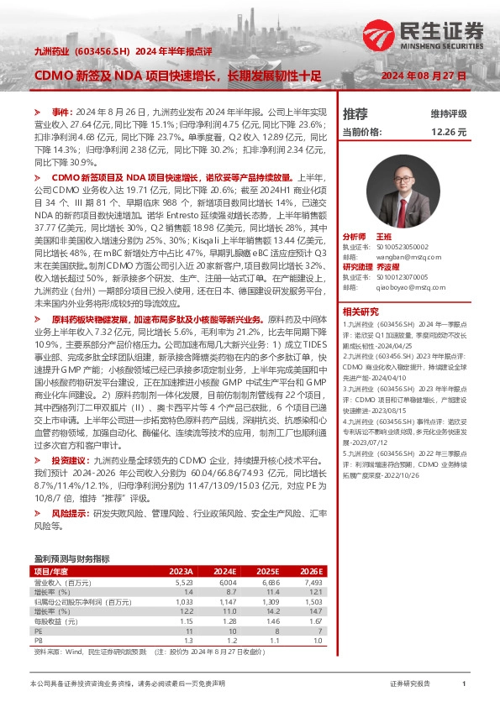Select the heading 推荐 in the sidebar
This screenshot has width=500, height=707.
(355, 113)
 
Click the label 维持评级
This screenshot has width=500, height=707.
(448, 113)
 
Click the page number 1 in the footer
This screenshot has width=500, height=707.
(464, 684)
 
